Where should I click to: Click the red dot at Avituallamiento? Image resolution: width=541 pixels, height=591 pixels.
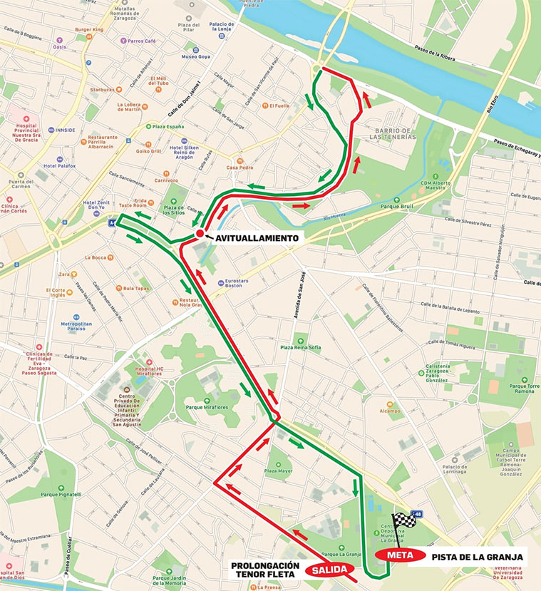[200, 234]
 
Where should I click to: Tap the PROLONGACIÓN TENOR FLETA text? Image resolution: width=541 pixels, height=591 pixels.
[263, 570]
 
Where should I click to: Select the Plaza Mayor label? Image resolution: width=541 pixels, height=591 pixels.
[278, 471]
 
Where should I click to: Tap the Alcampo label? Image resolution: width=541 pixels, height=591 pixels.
[389, 411]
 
